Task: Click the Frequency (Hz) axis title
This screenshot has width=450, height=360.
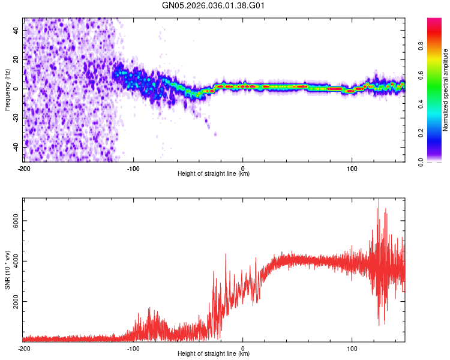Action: [x=7, y=89]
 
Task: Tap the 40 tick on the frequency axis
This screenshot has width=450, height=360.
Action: [x=16, y=30]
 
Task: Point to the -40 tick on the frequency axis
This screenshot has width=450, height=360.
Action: [x=15, y=147]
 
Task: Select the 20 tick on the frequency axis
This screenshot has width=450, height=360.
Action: [x=16, y=59]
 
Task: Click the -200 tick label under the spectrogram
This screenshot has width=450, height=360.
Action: [x=24, y=168]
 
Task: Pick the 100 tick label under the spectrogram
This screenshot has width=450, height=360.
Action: [x=352, y=168]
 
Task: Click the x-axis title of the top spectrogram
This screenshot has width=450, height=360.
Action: [x=214, y=174]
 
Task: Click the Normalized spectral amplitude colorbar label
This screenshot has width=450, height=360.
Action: [x=445, y=89]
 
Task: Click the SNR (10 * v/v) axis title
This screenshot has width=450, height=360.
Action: [x=7, y=269]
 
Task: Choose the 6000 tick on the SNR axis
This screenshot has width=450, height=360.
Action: [x=13, y=221]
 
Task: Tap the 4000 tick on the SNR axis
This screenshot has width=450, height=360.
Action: [x=13, y=261]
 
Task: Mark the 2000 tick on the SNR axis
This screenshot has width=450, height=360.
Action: [x=13, y=301]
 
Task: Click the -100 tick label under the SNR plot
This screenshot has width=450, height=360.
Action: [x=133, y=348]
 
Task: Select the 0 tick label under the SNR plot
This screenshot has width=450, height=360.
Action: [x=243, y=348]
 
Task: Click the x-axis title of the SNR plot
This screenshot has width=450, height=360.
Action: [x=214, y=354]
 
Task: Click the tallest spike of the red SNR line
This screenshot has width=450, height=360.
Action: [x=379, y=200]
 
